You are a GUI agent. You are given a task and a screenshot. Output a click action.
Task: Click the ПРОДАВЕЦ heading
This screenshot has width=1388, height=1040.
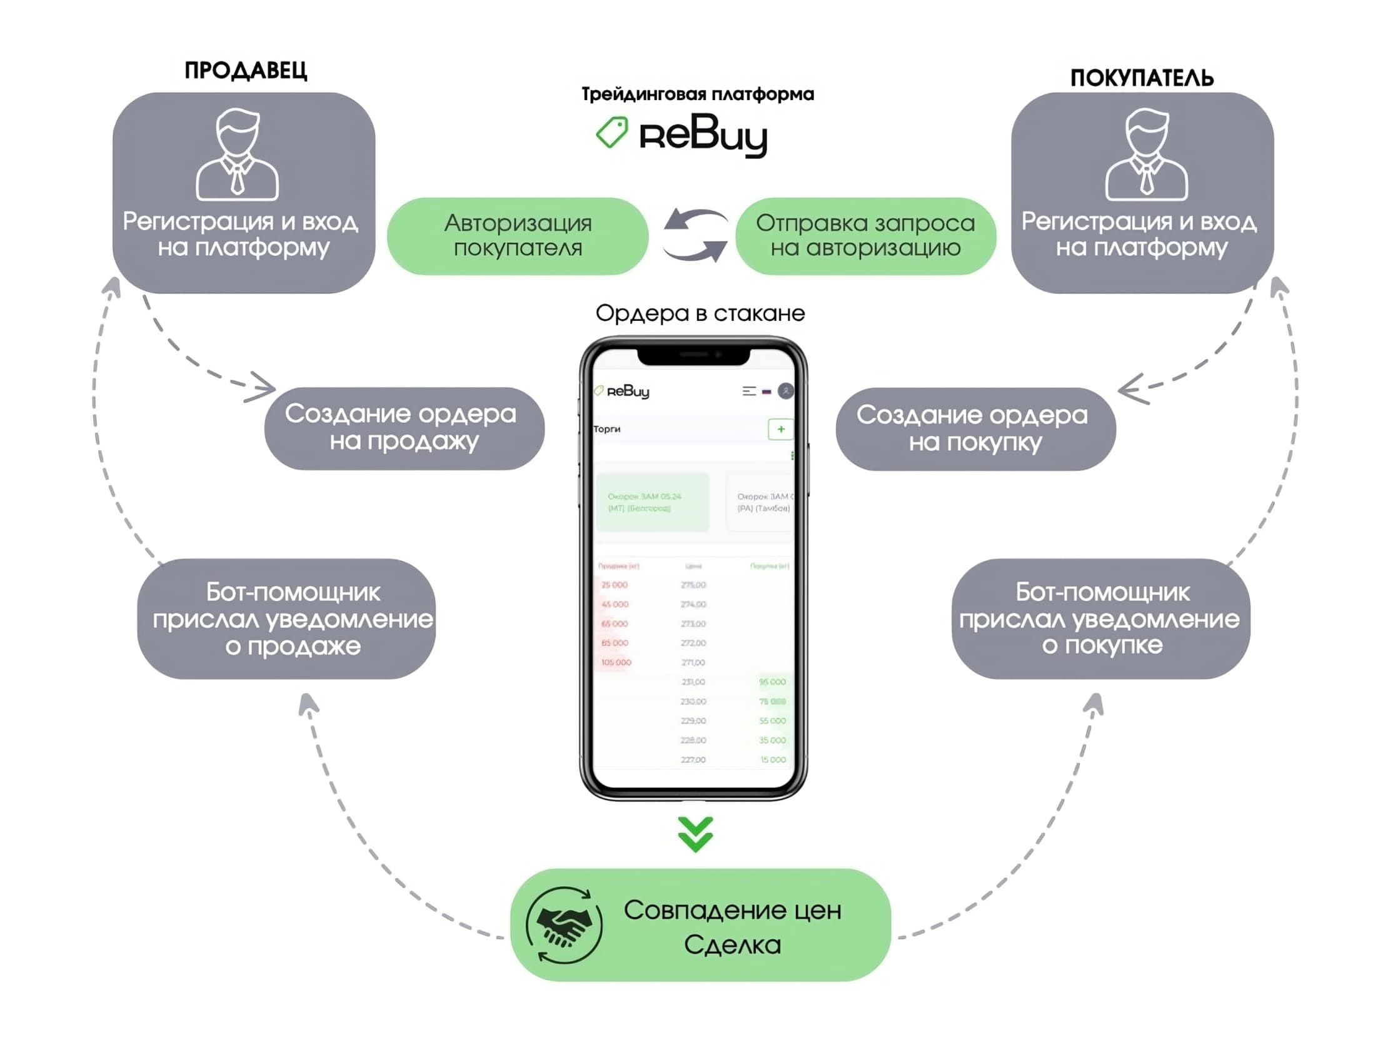[245, 70]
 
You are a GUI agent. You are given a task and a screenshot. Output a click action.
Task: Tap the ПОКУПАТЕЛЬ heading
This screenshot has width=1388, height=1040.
[1142, 78]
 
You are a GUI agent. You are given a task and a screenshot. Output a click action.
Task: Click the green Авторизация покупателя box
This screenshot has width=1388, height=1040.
[518, 236]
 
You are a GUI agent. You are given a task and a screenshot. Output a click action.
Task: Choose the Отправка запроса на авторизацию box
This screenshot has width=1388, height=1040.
[865, 236]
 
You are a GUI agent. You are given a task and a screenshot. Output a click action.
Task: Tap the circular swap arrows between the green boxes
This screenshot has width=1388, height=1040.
[695, 235]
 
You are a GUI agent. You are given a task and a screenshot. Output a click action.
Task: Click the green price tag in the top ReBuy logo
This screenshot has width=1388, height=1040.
[612, 133]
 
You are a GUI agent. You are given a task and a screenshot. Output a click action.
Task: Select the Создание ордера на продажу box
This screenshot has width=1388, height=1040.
[404, 428]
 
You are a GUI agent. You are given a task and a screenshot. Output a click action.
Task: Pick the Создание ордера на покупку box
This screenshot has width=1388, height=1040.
[975, 428]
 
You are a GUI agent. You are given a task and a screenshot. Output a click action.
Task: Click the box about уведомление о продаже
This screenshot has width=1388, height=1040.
[286, 619]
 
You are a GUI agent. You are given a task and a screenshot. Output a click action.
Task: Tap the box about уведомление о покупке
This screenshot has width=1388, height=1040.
[1100, 619]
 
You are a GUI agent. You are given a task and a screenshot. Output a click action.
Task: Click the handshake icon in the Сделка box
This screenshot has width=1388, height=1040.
[563, 924]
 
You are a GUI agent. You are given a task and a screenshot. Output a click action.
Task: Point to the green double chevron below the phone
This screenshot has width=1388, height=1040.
[695, 834]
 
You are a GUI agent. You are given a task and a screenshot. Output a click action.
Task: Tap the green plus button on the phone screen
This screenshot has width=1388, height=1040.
[780, 429]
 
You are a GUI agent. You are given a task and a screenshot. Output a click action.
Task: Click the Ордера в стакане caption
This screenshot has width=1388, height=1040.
[700, 313]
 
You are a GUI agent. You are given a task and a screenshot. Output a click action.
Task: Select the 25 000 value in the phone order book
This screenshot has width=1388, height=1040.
[615, 585]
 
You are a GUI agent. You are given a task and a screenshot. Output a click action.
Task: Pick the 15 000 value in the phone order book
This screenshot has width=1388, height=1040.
[773, 759]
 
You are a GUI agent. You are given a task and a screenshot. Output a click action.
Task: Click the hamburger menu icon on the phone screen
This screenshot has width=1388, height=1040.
[748, 391]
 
